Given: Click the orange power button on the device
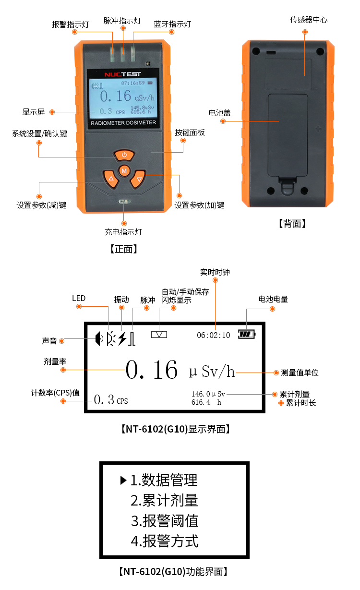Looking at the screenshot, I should point(124,155).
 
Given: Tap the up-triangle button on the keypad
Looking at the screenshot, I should point(111,179).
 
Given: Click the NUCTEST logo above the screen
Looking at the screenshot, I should point(122,74).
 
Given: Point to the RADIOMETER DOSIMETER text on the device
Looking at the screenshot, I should point(123,123).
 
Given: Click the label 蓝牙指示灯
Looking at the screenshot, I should point(172,24).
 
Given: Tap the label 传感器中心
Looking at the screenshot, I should point(309,20).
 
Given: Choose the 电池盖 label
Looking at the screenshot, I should point(219,113).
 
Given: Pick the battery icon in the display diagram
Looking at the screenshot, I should point(247,334).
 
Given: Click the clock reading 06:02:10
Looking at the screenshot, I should point(213,335).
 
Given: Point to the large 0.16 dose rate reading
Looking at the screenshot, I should point(152,370).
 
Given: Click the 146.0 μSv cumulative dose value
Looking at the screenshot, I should point(208,394).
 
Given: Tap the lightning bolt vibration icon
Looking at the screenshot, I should point(122,338).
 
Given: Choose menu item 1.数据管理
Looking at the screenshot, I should point(164,480).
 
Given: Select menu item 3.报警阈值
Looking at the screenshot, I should point(164,521).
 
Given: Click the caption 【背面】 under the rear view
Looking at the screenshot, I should point(292,223).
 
